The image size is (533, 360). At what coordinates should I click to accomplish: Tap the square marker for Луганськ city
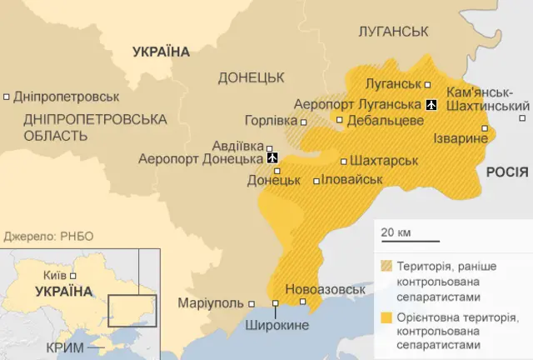(x=428, y=84)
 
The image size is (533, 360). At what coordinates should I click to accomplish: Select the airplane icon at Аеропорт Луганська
(x=431, y=104)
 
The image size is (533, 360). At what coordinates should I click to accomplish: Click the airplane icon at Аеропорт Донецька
(x=272, y=157)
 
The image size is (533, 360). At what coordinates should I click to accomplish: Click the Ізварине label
(x=461, y=138)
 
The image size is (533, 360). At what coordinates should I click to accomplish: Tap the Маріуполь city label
(x=211, y=302)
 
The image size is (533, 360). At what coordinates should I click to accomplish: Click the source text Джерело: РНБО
(x=48, y=236)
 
